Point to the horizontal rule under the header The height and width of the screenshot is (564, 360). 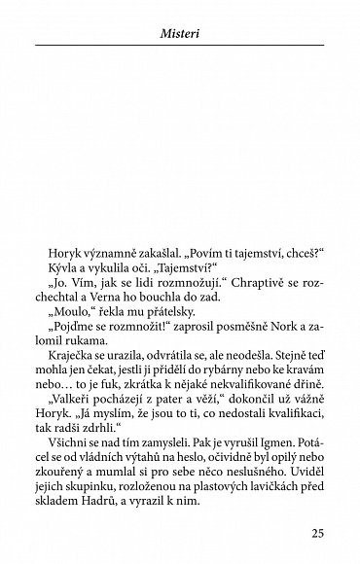click(x=179, y=47)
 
